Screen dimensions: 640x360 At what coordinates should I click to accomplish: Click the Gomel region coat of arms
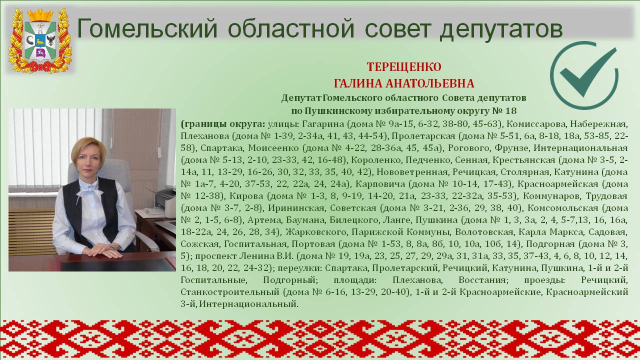click(40, 40)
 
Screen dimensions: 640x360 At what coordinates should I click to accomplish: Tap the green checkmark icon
click(584, 75)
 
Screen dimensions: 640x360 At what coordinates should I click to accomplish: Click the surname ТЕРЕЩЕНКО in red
click(404, 67)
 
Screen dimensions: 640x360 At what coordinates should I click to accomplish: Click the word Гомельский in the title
click(147, 28)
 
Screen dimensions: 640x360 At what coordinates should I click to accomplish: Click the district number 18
click(511, 111)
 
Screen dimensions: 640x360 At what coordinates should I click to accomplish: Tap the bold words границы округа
click(223, 124)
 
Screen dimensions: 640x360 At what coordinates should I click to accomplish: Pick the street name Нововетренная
click(411, 172)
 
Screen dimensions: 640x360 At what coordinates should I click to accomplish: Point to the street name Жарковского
click(316, 232)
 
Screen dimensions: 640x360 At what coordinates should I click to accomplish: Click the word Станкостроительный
click(229, 292)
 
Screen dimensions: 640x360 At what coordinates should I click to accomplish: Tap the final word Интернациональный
click(248, 304)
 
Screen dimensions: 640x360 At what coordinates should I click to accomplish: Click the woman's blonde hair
click(88, 149)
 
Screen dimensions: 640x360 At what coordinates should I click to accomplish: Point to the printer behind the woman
click(165, 198)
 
